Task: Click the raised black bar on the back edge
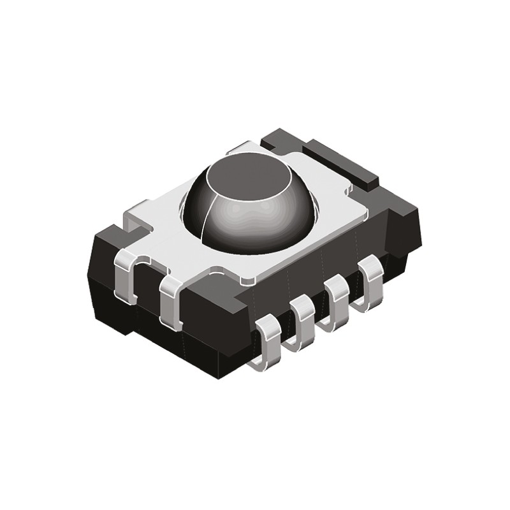(338, 159)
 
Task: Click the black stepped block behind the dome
(280, 143)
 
